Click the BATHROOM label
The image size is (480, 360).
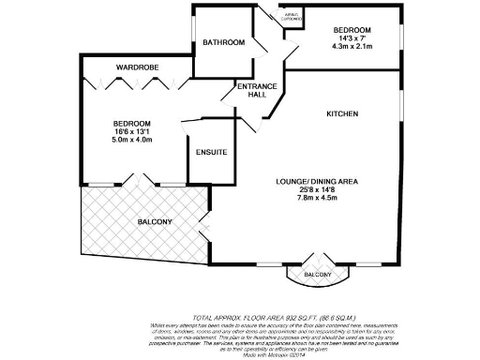[224, 42]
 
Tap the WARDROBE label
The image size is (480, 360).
[136, 68]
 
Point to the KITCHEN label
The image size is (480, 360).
[342, 113]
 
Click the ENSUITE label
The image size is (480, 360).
[211, 152]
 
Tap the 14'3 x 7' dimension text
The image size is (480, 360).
[352, 38]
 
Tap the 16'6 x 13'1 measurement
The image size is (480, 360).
[132, 132]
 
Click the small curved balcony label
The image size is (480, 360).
[316, 275]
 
